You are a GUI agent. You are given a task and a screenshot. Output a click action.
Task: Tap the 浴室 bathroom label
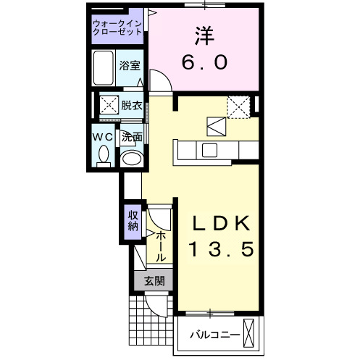130,64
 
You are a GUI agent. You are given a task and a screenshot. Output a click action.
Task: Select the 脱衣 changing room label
132,106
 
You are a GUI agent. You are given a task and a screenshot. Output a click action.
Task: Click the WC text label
101,136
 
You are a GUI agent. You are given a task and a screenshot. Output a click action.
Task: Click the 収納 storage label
133,219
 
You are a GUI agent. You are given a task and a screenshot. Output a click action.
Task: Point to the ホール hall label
161,246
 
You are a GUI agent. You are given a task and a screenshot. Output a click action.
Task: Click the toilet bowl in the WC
104,154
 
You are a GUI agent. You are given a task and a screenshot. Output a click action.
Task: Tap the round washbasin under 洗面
131,159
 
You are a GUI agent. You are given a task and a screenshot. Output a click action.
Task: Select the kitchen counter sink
210,150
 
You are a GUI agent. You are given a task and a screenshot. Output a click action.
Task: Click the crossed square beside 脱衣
109,106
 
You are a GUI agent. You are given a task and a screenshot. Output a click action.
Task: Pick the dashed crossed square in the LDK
238,107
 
